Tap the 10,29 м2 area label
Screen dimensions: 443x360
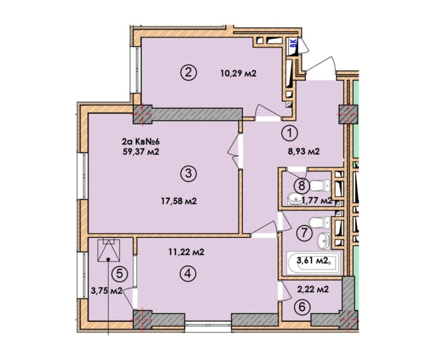[238, 74]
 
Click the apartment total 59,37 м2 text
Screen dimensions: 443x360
[141, 152]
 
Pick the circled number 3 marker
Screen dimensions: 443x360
[189, 173]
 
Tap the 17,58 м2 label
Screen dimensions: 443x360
[179, 201]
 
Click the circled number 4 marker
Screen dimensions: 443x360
[189, 273]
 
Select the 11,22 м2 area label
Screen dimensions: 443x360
[186, 252]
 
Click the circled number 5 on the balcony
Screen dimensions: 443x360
[120, 274]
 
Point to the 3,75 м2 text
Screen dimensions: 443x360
[106, 291]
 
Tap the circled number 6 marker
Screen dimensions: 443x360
[302, 307]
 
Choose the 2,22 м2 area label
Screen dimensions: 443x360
[313, 289]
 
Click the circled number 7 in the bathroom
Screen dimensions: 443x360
[304, 233]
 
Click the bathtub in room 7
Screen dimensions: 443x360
[313, 263]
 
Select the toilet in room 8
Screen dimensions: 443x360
[320, 185]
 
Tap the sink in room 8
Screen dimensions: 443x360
[295, 199]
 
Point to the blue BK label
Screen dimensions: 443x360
[294, 43]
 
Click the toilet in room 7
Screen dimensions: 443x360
[320, 222]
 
